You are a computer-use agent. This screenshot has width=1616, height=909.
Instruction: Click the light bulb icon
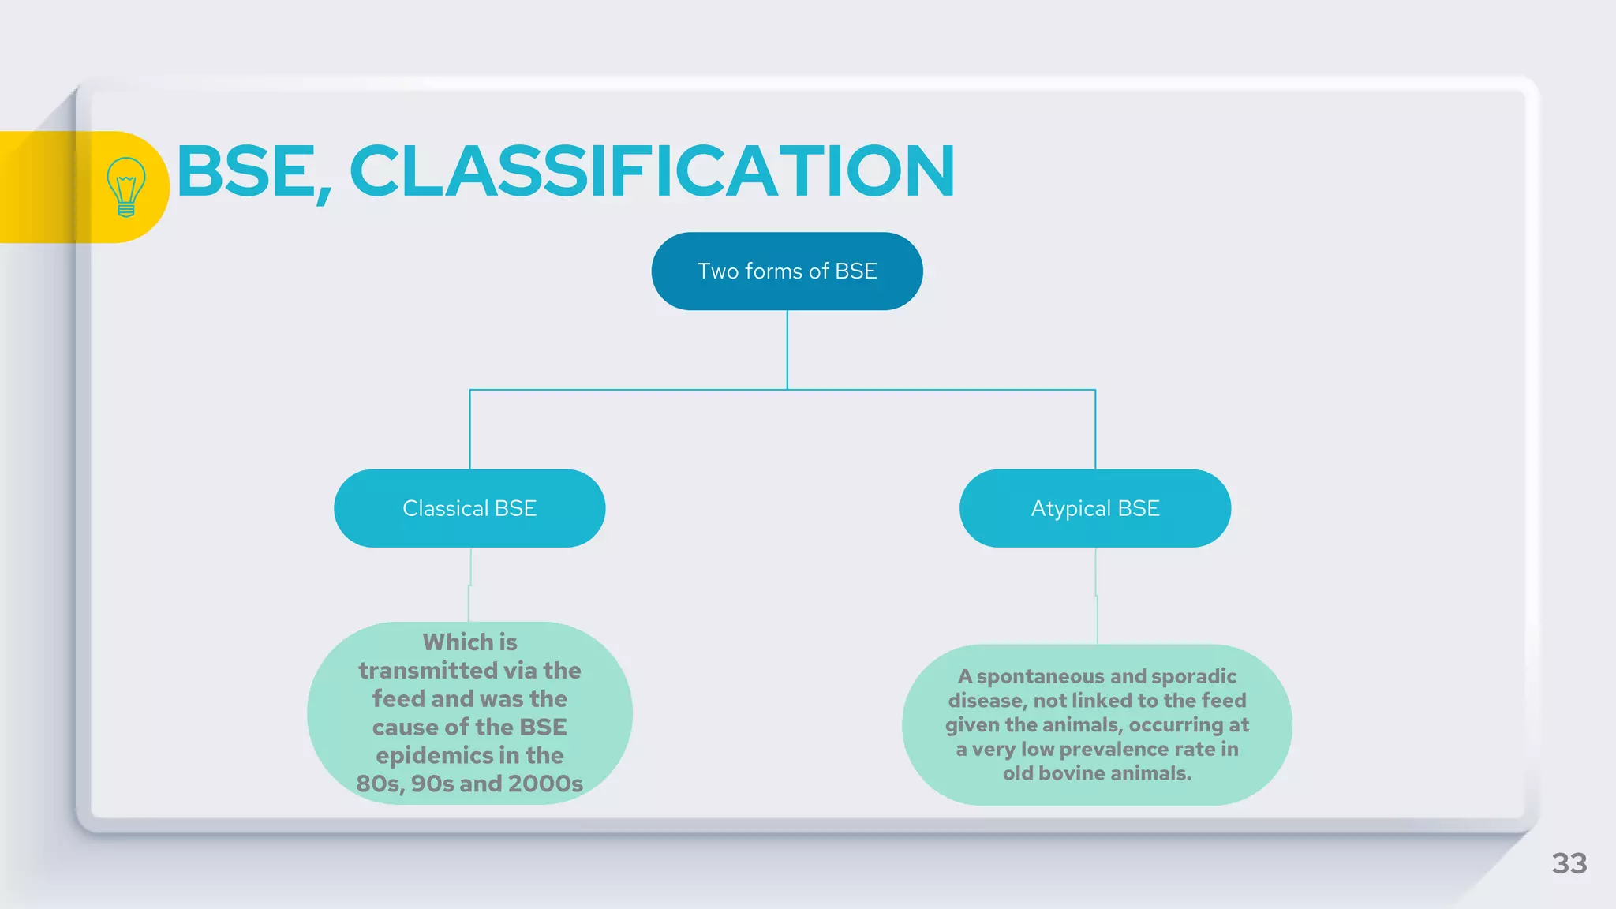click(x=125, y=187)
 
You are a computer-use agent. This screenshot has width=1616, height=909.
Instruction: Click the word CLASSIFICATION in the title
click(x=652, y=171)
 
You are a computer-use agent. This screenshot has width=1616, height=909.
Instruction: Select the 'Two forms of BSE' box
click(x=787, y=271)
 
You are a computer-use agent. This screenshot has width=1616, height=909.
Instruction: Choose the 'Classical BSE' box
click(x=469, y=508)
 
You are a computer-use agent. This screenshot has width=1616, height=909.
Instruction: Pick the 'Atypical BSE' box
click(x=1095, y=508)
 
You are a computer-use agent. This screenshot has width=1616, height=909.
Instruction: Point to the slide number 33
click(x=1569, y=863)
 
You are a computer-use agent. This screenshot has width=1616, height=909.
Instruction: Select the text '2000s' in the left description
click(x=545, y=784)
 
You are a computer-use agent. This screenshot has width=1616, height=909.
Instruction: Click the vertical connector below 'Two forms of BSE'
click(x=787, y=350)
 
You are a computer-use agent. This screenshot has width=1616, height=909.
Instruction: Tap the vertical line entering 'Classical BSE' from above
click(x=470, y=430)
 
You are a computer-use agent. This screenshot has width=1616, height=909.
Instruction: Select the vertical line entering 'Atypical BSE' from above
click(x=1095, y=430)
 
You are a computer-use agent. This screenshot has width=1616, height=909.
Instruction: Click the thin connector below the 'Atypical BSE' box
click(x=1096, y=596)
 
